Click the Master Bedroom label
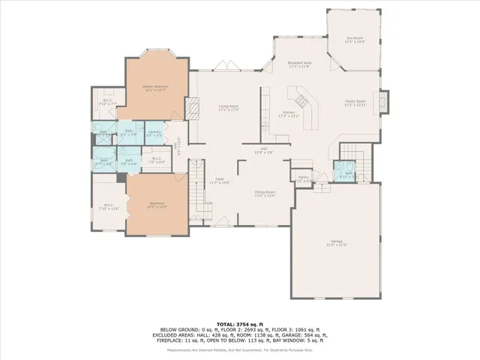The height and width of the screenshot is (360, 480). (155, 88)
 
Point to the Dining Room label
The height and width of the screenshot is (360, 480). (265, 193)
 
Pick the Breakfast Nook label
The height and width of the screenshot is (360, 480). (299, 65)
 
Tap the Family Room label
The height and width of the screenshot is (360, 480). (355, 103)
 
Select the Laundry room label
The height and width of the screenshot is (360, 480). (154, 133)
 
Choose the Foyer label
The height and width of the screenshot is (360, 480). (220, 181)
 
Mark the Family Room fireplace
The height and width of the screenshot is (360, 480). (385, 102)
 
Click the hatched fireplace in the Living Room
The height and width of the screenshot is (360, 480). (190, 113)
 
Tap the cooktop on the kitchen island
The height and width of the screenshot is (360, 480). (302, 97)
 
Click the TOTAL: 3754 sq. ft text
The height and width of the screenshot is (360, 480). (239, 321)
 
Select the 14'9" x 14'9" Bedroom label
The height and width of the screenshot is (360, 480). (157, 204)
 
